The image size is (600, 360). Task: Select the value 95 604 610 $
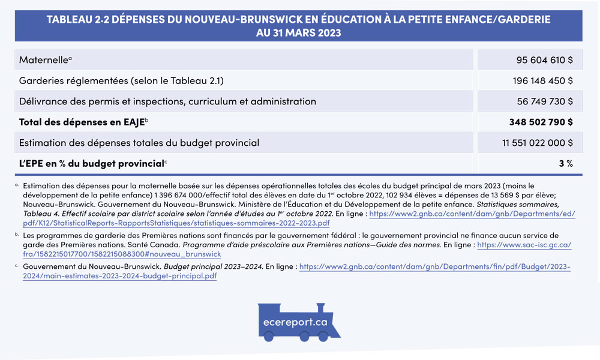(544, 61)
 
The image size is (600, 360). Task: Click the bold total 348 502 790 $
(541, 122)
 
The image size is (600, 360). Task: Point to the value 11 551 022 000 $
(538, 143)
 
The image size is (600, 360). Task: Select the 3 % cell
(566, 163)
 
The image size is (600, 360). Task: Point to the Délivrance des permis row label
(167, 101)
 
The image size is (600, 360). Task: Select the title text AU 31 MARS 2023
(298, 33)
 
